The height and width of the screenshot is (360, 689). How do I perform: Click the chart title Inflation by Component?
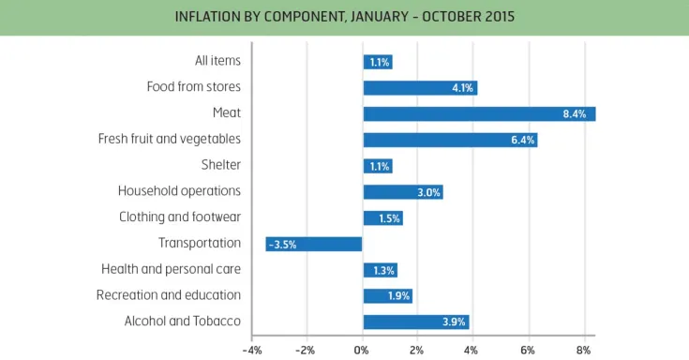coord(344,17)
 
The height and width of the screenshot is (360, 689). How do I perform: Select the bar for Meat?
coord(478,113)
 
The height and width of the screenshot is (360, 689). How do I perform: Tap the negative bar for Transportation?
coord(314,244)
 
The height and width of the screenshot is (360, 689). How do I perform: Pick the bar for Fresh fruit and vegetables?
coord(450,140)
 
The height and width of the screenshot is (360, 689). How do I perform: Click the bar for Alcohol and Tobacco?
coord(415,322)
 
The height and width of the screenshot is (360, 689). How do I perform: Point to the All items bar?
coord(377,62)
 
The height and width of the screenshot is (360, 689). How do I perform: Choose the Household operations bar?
coord(402,192)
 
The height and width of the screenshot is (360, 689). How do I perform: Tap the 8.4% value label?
coord(575,114)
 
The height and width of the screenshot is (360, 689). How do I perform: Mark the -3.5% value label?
coord(282,244)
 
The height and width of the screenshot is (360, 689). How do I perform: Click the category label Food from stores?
coord(194,87)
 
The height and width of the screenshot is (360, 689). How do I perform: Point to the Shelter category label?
coord(221,165)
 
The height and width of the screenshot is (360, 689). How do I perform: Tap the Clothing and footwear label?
coord(180,217)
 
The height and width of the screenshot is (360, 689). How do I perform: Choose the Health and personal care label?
coord(172,269)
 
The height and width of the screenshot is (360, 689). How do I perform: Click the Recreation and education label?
coord(169,295)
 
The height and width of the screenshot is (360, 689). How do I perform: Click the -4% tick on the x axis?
coord(251,350)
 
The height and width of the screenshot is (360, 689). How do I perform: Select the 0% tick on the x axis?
coord(362,350)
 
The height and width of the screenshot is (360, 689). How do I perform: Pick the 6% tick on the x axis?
coord(528,350)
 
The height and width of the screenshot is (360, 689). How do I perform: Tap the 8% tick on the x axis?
coord(583,350)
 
